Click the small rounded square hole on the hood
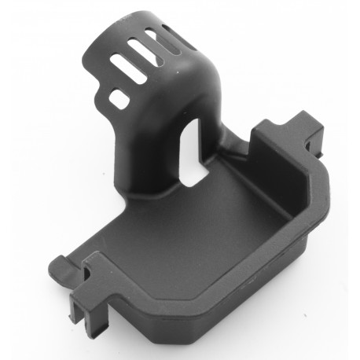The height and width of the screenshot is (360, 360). coord(119,99)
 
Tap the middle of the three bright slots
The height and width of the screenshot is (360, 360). coord(146,55)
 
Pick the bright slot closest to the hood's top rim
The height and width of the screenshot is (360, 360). coord(155,39)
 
